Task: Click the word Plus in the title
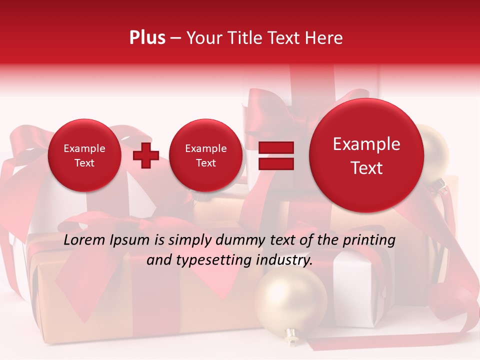[147, 38]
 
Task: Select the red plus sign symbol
[145, 155]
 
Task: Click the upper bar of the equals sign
[275, 147]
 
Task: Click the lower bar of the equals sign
[275, 163]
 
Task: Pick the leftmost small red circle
[84, 155]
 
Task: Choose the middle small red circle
[205, 155]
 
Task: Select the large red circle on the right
[366, 156]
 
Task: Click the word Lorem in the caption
[85, 240]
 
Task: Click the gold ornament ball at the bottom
[290, 300]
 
